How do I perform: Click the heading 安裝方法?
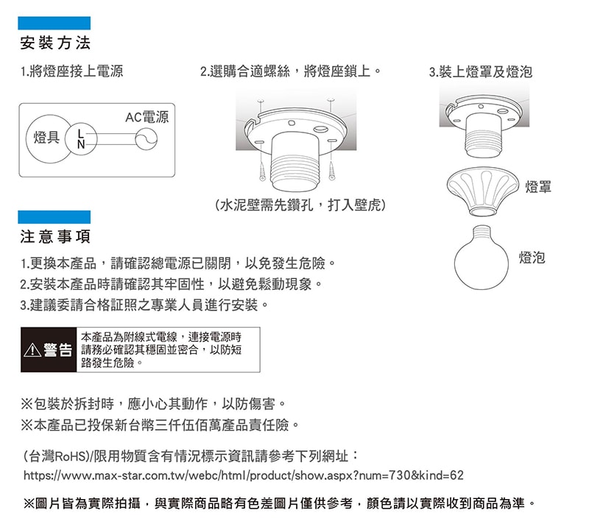[x=55, y=43]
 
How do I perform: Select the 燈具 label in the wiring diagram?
[x=46, y=138]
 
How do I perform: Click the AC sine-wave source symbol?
[x=147, y=140]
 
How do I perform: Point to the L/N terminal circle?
[x=80, y=139]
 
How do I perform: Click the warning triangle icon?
[x=32, y=350]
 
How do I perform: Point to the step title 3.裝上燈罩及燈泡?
[x=480, y=72]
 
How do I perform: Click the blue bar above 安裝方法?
[x=55, y=23]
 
